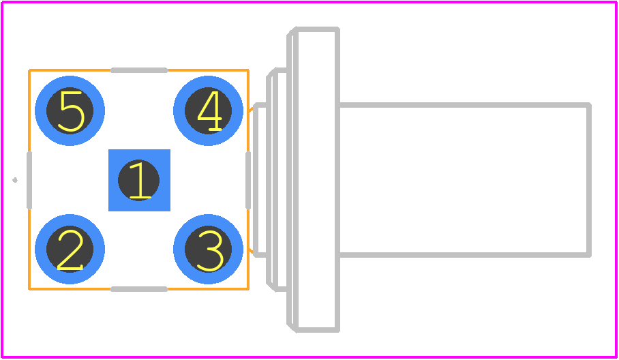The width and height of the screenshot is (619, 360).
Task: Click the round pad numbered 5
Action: (70, 110)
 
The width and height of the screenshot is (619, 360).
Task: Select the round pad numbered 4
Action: (208, 110)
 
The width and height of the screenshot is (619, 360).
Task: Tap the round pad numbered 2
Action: (70, 249)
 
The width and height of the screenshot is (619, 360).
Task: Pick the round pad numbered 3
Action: (208, 249)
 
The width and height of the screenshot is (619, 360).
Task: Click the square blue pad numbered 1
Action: (139, 180)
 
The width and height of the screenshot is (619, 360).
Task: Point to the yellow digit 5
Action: (72, 111)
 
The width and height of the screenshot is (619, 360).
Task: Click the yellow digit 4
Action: (209, 111)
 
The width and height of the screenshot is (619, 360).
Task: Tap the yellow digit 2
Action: (70, 250)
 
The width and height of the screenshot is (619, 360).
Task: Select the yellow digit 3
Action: (210, 251)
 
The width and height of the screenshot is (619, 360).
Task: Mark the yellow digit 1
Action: (140, 180)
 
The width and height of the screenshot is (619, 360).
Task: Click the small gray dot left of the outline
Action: (15, 180)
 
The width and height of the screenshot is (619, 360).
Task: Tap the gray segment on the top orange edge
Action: (139, 70)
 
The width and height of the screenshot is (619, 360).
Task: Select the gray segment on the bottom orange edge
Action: (139, 289)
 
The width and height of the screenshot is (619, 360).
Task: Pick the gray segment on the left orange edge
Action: (29, 180)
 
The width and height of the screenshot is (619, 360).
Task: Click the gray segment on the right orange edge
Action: (248, 180)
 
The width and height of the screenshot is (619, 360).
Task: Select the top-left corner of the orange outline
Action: (29, 70)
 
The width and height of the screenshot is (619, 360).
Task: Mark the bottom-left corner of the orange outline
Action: (29, 289)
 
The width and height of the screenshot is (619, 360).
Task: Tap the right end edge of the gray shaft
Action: (589, 180)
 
